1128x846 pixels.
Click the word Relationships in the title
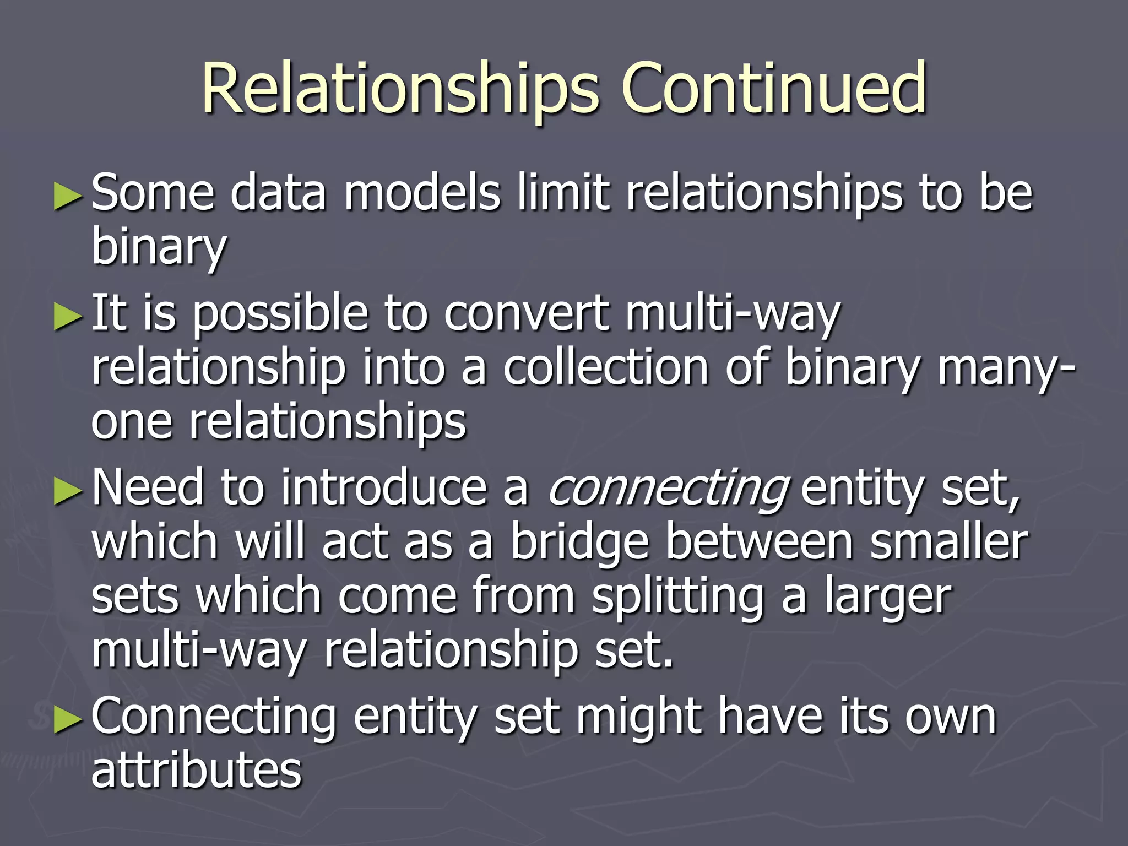click(400, 88)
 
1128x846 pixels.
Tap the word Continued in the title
click(774, 88)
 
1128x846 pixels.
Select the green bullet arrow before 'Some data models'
click(68, 197)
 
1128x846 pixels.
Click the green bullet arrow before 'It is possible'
click(68, 318)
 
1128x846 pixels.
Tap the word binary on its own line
click(159, 247)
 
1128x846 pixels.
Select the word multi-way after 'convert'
click(733, 314)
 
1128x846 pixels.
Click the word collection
click(606, 368)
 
